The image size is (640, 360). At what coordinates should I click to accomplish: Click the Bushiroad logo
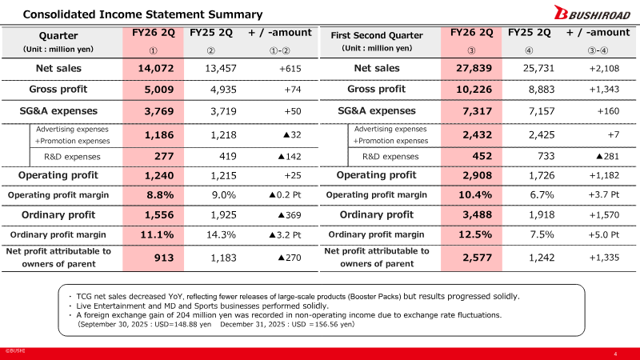pyautogui.click(x=592, y=13)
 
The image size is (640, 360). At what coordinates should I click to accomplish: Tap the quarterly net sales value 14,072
pyautogui.click(x=155, y=68)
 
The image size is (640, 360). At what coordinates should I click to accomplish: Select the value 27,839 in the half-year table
pyautogui.click(x=474, y=68)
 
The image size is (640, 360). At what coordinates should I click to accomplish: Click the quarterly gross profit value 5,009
pyautogui.click(x=158, y=90)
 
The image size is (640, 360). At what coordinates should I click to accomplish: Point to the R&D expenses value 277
pyautogui.click(x=164, y=156)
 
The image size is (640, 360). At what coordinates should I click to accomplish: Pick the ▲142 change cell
pyautogui.click(x=290, y=156)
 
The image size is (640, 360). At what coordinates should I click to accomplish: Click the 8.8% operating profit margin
pyautogui.click(x=160, y=195)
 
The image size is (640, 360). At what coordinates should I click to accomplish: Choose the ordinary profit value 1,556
pyautogui.click(x=159, y=215)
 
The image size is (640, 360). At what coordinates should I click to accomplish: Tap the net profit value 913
pyautogui.click(x=164, y=258)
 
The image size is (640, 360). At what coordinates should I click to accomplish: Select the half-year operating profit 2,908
pyautogui.click(x=477, y=175)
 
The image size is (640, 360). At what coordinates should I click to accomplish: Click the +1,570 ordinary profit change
pyautogui.click(x=604, y=215)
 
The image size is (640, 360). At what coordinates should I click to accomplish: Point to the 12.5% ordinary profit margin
pyautogui.click(x=475, y=234)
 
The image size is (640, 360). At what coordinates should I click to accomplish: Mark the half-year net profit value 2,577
pyautogui.click(x=477, y=258)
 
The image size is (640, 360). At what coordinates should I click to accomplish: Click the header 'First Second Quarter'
pyautogui.click(x=377, y=35)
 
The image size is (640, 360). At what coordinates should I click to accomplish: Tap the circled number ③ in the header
pyautogui.click(x=471, y=50)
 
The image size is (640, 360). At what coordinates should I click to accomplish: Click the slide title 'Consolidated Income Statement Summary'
pyautogui.click(x=143, y=14)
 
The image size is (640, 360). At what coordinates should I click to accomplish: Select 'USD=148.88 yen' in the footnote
pyautogui.click(x=183, y=325)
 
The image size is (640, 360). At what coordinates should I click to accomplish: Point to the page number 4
pyautogui.click(x=615, y=354)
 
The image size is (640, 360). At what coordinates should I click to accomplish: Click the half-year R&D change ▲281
pyautogui.click(x=608, y=156)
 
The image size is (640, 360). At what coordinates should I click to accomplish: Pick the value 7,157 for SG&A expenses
pyautogui.click(x=542, y=111)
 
